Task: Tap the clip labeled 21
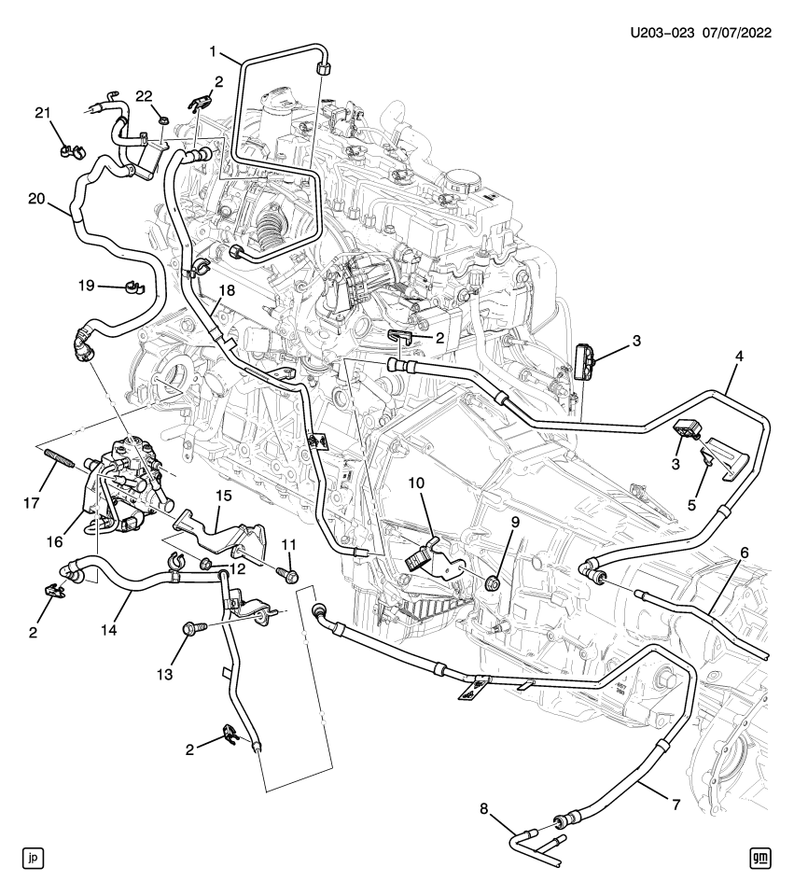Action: [66, 148]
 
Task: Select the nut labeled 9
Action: [496, 585]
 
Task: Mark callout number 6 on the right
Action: [743, 553]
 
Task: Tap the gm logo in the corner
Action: [761, 858]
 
